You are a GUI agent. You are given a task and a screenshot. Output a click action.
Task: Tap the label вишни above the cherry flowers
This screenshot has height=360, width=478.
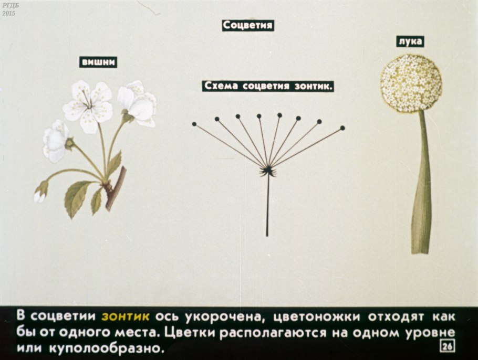(98, 62)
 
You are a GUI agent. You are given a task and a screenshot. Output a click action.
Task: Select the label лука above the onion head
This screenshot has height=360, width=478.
(410, 42)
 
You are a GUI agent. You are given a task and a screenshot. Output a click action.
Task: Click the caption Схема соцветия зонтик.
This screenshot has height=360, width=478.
(268, 86)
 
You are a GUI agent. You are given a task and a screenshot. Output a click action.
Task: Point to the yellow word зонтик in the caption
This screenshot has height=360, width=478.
(126, 316)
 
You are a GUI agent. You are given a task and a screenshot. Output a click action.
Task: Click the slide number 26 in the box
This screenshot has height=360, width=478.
(448, 346)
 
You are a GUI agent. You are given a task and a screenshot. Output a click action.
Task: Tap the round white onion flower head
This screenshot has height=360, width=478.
(411, 83)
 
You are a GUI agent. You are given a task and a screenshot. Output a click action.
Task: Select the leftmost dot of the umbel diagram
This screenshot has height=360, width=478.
(194, 124)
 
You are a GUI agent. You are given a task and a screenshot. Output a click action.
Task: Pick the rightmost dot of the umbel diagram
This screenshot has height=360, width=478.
(342, 128)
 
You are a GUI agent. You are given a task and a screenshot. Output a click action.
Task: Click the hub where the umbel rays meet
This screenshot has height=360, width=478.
(268, 170)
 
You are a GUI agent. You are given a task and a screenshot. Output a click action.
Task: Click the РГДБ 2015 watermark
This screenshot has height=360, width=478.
(8, 8)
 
